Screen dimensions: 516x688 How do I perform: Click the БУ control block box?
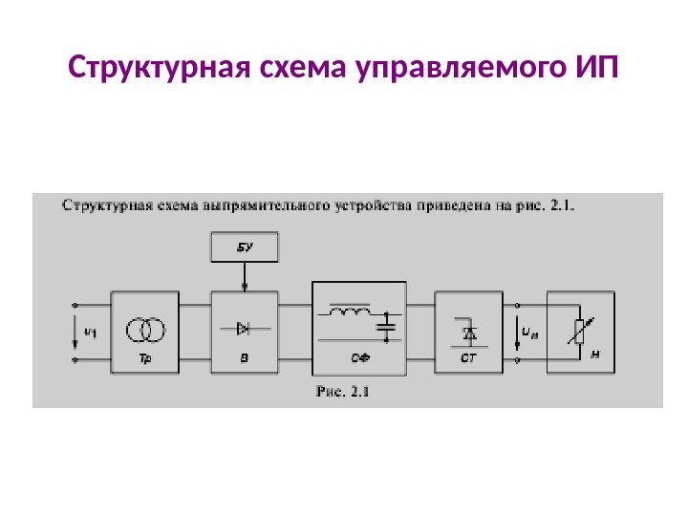pyautogui.click(x=245, y=247)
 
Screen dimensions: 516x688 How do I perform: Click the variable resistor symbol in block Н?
pyautogui.click(x=577, y=331)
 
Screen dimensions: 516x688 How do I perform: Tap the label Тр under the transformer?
pyautogui.click(x=146, y=355)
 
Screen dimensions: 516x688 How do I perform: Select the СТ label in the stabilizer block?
pyautogui.click(x=469, y=356)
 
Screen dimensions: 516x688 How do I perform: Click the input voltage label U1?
pyautogui.click(x=90, y=332)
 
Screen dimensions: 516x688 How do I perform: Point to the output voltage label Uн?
pyautogui.click(x=528, y=332)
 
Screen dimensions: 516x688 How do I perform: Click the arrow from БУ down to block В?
pyautogui.click(x=246, y=277)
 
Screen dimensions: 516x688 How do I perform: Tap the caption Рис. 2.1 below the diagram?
pyautogui.click(x=341, y=390)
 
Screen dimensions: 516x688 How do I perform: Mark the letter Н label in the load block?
pyautogui.click(x=595, y=354)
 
